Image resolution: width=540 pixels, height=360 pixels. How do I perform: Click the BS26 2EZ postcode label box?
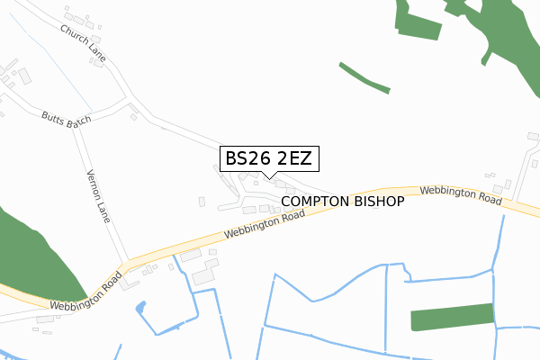[268, 158]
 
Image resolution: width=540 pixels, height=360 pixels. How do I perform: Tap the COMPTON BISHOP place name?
[343, 202]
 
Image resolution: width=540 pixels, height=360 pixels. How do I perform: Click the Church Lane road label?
[84, 43]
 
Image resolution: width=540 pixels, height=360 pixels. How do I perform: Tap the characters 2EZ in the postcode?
[293, 158]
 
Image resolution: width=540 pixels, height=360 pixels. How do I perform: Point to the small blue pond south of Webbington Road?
[139, 310]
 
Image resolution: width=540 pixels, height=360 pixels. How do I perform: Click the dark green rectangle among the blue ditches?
[452, 318]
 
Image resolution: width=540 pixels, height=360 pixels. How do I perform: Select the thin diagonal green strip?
[364, 77]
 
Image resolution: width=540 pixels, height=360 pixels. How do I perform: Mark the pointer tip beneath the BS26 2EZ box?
[268, 176]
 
